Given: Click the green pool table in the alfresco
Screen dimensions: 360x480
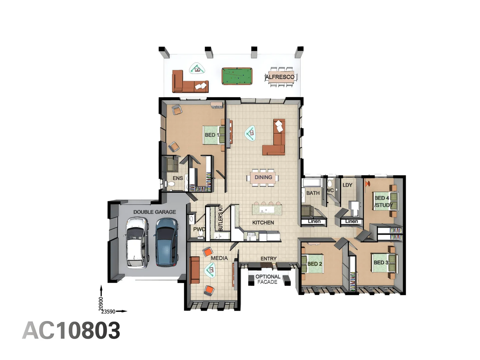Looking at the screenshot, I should tap(237, 76).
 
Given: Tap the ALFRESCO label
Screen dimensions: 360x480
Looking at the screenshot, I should tap(280, 77).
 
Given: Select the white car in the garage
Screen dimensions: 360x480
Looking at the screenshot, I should tap(137, 242).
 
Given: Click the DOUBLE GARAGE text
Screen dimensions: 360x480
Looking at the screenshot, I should tap(154, 212).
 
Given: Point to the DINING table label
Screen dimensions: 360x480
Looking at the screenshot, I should tap(263, 177).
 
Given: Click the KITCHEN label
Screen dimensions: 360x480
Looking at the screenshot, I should tap(263, 223).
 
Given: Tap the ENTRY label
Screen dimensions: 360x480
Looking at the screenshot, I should tap(268, 259).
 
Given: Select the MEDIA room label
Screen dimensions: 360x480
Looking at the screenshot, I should tap(219, 258).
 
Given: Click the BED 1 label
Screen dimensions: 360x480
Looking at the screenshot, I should tap(212, 135).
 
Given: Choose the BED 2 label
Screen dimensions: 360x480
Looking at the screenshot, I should tap(314, 264).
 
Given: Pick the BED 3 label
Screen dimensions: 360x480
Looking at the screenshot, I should tap(381, 263).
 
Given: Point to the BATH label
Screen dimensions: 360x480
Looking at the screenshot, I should tap(313, 193).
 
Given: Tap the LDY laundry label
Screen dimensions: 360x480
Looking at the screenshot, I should tap(347, 185).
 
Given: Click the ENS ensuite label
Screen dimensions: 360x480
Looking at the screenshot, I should tap(178, 178).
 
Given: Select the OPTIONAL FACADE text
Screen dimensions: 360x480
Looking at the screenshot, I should tap(268, 279).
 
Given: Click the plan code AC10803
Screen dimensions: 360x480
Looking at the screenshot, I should tap(71, 331).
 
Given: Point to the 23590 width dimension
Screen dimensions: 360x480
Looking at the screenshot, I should tap(108, 312).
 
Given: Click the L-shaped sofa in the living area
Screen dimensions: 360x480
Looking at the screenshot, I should tap(275, 140).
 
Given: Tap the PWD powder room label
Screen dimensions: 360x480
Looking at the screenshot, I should tap(199, 229).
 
